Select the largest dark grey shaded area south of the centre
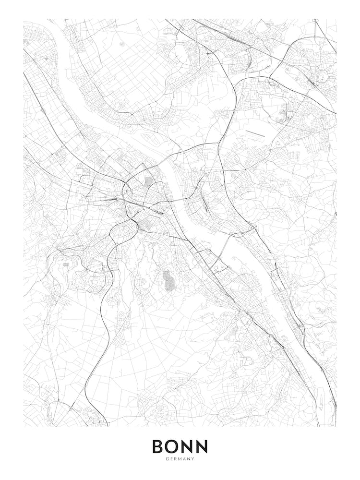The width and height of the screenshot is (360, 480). [168, 281]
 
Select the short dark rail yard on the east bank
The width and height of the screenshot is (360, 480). [206, 204]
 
